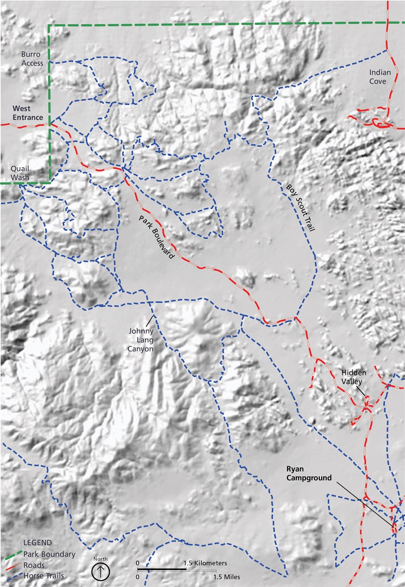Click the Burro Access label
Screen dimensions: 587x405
32,59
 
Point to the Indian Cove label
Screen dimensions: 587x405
380,76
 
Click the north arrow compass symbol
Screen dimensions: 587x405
100,571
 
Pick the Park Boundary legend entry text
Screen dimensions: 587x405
49,554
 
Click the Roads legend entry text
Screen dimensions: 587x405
33,564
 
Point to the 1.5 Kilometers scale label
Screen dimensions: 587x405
206,563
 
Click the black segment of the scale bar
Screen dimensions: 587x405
161,570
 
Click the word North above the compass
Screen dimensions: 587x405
100,559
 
